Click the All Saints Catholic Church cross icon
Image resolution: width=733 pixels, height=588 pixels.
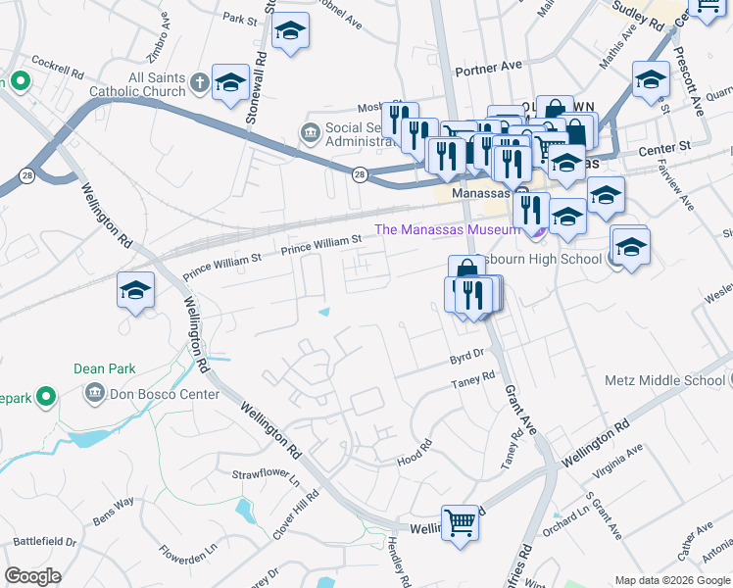tap(199, 83)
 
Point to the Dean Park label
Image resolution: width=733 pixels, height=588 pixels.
tap(104, 369)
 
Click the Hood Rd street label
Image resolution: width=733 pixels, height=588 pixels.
tap(414, 452)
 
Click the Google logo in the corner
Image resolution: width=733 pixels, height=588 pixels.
tap(32, 576)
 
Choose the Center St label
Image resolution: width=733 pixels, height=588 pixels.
tap(664, 146)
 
